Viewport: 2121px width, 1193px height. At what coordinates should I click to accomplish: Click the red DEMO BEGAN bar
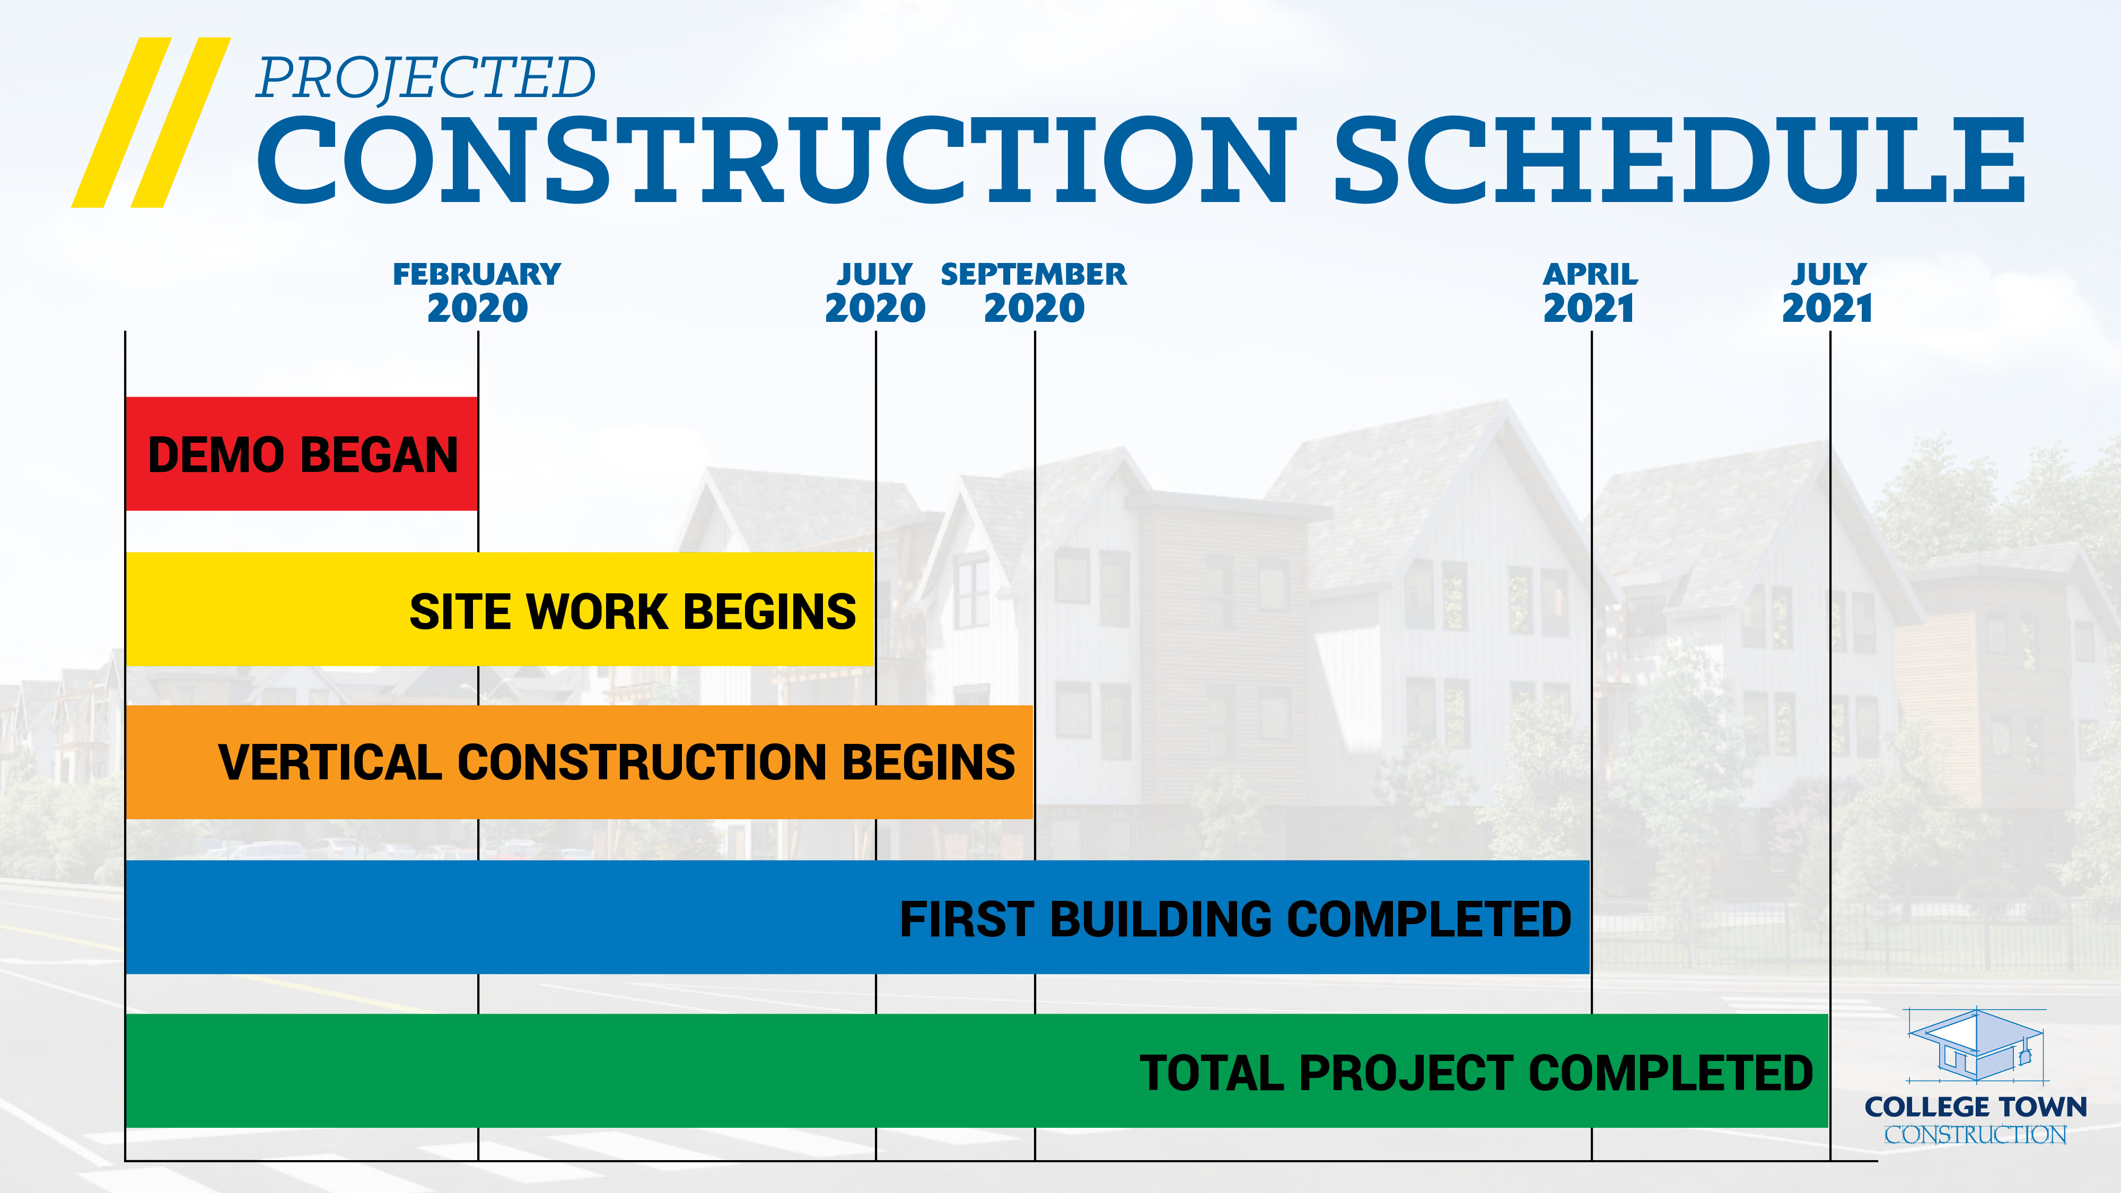[301, 454]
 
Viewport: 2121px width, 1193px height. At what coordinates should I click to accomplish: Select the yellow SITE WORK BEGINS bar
[500, 609]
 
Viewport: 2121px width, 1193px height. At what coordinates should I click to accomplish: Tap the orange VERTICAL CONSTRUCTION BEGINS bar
[580, 761]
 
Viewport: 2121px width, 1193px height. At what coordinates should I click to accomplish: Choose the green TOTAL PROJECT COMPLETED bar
[977, 1071]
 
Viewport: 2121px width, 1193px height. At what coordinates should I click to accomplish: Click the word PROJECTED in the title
[426, 79]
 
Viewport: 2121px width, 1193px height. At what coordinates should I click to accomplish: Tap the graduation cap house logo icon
[1977, 1044]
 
